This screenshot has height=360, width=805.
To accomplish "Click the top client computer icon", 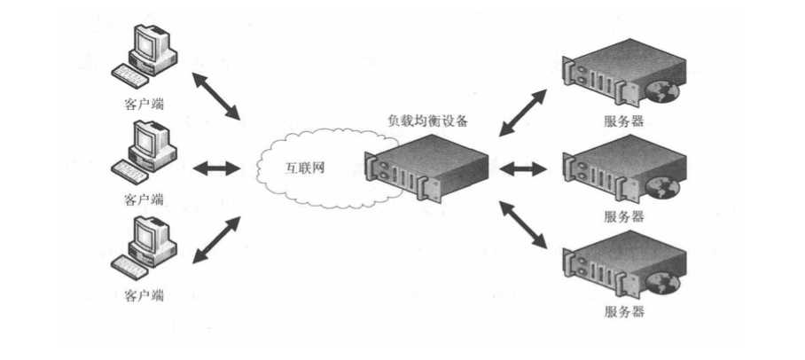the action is click(x=145, y=57).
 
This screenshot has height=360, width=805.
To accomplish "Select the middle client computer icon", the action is click(x=145, y=153).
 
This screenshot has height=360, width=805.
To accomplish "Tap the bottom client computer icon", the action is click(x=145, y=248).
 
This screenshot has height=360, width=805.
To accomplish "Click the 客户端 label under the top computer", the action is click(x=145, y=105).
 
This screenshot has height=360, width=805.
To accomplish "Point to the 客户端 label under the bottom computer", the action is click(x=145, y=295).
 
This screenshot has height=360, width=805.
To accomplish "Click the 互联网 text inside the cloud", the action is click(x=305, y=168).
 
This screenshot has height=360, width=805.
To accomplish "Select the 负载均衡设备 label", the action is click(x=427, y=121).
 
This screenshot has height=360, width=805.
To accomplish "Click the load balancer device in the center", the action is click(x=426, y=168).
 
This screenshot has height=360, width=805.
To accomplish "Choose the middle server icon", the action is click(x=624, y=169).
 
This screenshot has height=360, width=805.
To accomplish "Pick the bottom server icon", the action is click(x=624, y=265).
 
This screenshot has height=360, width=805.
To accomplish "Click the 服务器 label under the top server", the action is click(x=624, y=121).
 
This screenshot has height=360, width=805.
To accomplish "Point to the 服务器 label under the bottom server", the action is click(x=624, y=312).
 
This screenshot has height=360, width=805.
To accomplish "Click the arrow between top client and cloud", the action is click(x=216, y=96).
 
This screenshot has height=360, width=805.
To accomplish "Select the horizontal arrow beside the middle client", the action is click(x=216, y=168).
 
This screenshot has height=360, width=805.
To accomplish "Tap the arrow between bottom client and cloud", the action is click(x=216, y=239).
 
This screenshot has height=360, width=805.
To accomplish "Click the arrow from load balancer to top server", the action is click(x=523, y=113).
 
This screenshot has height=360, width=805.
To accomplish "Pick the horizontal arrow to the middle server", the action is click(x=523, y=168).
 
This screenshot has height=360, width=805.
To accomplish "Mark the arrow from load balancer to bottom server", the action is click(x=523, y=225).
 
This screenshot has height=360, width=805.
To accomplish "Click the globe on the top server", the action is click(x=663, y=92).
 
